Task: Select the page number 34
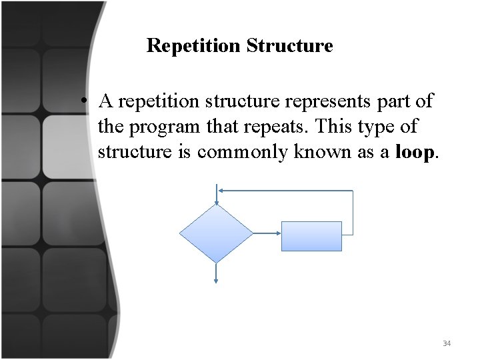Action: click(x=446, y=343)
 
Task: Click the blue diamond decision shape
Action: click(x=217, y=233)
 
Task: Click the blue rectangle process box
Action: click(x=311, y=236)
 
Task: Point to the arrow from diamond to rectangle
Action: click(x=267, y=233)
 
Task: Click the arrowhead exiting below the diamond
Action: click(x=217, y=280)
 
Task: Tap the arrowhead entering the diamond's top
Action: click(x=217, y=201)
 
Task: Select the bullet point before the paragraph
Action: click(x=85, y=102)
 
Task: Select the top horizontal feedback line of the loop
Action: click(x=287, y=190)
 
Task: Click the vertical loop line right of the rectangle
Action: click(x=352, y=212)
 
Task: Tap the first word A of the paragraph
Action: click(x=105, y=101)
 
